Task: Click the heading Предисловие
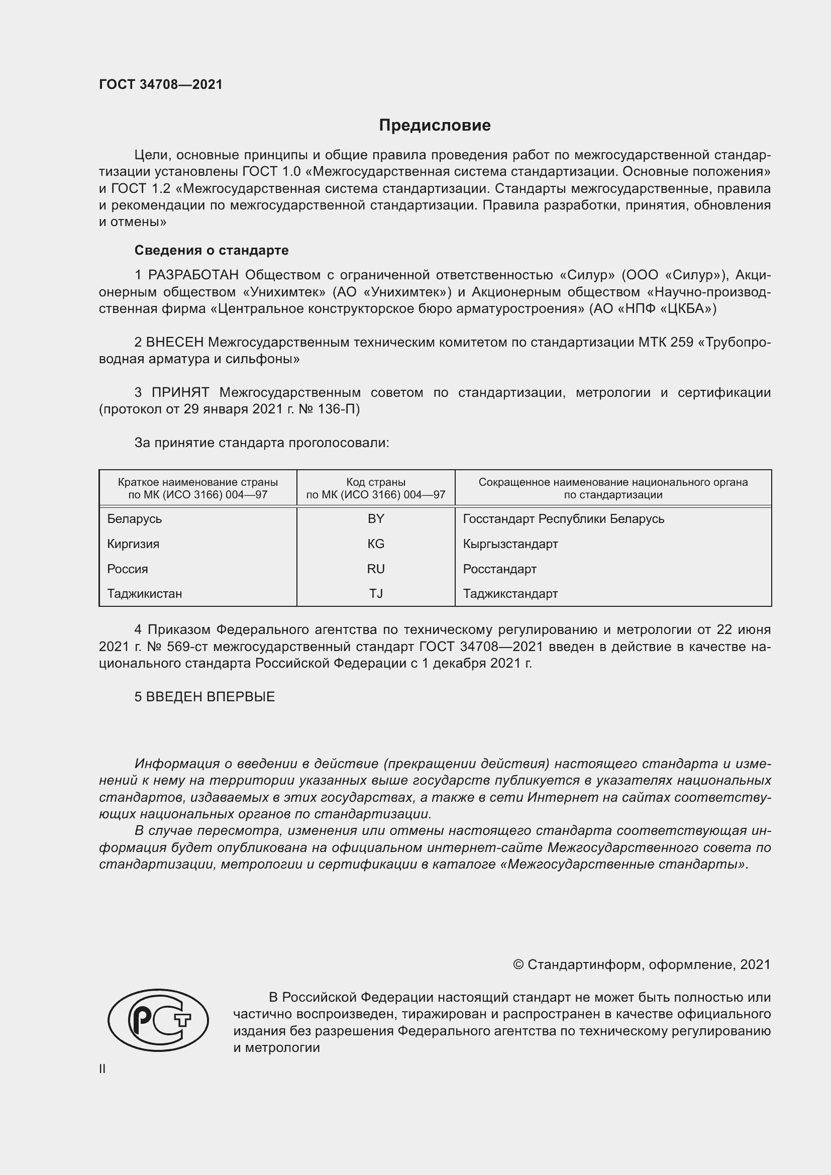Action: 435,126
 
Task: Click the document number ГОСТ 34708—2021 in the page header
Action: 161,84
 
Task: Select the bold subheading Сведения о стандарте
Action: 212,250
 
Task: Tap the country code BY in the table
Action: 376,519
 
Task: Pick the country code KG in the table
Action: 376,544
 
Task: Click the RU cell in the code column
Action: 376,569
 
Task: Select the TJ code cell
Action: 376,594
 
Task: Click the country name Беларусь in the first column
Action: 135,519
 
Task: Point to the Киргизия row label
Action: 133,544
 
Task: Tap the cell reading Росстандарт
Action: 499,569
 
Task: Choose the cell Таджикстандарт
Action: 510,594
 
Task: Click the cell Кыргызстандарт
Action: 510,544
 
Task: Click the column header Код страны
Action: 376,482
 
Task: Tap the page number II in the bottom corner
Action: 102,1069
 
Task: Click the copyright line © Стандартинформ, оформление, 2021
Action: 642,965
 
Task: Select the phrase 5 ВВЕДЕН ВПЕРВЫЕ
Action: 204,696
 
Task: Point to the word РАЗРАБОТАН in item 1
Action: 193,275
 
